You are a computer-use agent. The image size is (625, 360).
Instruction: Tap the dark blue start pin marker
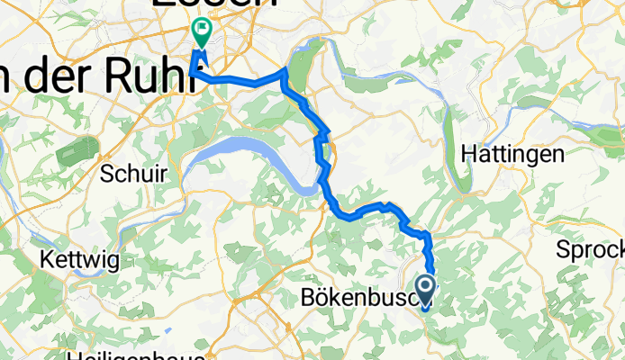424,291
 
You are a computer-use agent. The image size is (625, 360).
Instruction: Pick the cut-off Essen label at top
214,4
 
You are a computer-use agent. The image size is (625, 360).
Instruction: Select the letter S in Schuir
108,171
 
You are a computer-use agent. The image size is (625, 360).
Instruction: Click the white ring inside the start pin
424,287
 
